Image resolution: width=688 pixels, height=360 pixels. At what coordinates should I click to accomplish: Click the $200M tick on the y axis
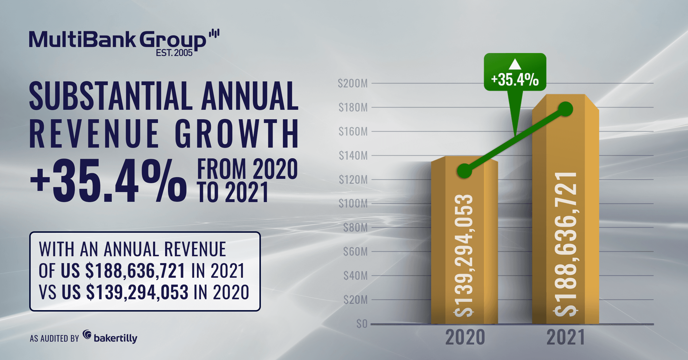pyautogui.click(x=353, y=83)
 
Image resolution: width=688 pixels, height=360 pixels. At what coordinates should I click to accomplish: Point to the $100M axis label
pyautogui.click(x=353, y=204)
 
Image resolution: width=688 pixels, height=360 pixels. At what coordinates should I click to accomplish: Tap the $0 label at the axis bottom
pyautogui.click(x=362, y=324)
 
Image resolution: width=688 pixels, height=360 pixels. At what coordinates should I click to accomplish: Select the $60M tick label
pyautogui.click(x=355, y=252)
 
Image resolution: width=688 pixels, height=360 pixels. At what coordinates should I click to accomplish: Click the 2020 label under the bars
pyautogui.click(x=465, y=337)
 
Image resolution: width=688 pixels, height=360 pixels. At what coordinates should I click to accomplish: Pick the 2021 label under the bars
pyautogui.click(x=566, y=337)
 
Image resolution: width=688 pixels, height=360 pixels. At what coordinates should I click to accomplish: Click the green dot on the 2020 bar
pyautogui.click(x=464, y=171)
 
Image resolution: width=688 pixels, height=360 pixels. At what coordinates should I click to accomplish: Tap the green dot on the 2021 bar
pyautogui.click(x=566, y=109)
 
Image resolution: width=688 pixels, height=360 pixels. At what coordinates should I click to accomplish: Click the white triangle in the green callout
pyautogui.click(x=515, y=64)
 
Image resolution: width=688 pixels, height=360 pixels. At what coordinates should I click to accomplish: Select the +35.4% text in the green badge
pyautogui.click(x=515, y=80)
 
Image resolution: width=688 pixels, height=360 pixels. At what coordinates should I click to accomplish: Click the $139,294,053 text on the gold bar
pyautogui.click(x=464, y=255)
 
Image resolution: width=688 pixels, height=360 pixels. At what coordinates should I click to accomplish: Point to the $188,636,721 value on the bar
pyautogui.click(x=565, y=244)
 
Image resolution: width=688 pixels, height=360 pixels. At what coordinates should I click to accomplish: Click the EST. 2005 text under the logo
pyautogui.click(x=174, y=53)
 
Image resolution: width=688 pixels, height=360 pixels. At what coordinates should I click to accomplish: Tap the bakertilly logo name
pyautogui.click(x=115, y=338)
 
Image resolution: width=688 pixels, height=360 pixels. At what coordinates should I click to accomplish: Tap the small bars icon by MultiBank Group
pyautogui.click(x=214, y=33)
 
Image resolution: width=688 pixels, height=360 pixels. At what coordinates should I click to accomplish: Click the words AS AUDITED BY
pyautogui.click(x=54, y=339)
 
